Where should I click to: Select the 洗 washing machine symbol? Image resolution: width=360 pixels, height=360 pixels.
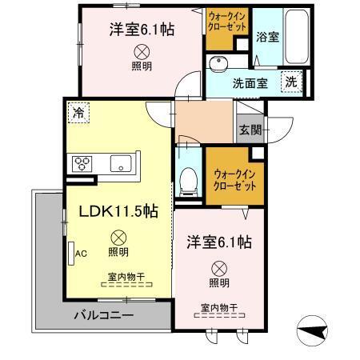(x=292, y=82)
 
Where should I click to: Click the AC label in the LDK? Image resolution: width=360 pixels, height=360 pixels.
(x=80, y=254)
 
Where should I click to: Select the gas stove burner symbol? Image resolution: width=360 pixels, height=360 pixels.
(x=83, y=163)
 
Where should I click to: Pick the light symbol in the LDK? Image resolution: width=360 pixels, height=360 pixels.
(x=118, y=237)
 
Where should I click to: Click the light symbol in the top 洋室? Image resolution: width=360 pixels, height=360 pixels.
(x=142, y=50)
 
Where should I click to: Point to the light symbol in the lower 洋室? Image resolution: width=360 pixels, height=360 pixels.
(x=218, y=268)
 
